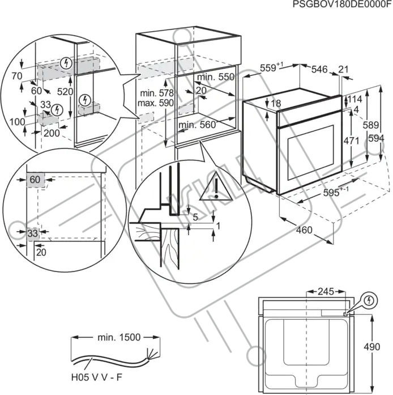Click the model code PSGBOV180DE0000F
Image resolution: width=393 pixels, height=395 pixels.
click(342, 5)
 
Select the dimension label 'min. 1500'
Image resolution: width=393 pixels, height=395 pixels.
click(119, 337)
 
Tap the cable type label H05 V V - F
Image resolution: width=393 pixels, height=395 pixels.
click(97, 377)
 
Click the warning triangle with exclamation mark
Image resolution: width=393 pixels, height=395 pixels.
click(216, 186)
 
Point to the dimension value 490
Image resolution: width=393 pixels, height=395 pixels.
click(371, 347)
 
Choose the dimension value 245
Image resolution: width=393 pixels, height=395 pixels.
click(326, 291)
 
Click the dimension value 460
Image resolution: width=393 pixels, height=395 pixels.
click(304, 230)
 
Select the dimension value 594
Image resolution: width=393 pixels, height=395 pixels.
click(376, 138)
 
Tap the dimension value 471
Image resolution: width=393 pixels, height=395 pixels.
click(352, 141)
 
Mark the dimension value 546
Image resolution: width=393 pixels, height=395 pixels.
click(319, 69)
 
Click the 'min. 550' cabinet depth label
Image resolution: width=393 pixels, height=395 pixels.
click(216, 77)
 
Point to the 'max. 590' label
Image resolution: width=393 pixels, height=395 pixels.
click(156, 103)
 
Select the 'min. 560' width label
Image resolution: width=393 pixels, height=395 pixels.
click(197, 125)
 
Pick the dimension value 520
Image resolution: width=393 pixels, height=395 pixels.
click(65, 92)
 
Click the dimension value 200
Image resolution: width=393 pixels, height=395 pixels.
click(52, 133)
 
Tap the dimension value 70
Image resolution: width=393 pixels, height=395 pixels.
click(17, 76)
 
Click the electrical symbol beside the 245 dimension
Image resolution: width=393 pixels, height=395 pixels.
click(369, 300)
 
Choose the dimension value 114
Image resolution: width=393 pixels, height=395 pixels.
click(355, 99)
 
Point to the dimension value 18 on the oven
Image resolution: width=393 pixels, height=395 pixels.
click(276, 103)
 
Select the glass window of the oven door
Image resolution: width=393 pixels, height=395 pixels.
click(311, 152)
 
